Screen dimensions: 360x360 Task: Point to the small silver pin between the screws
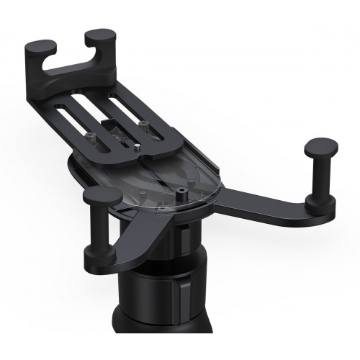[136, 148]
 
